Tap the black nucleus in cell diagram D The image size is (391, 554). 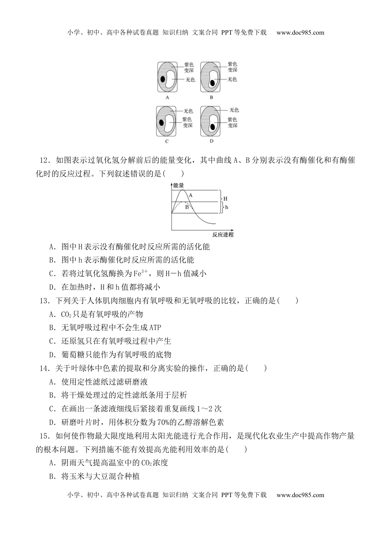click(x=212, y=127)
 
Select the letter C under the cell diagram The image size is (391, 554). click(x=167, y=141)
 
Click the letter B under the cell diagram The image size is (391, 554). click(x=212, y=98)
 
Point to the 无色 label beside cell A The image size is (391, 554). click(x=190, y=80)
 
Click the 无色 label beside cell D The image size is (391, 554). click(x=234, y=110)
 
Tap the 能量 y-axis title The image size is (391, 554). click(x=179, y=186)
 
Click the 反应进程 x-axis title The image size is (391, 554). click(x=223, y=235)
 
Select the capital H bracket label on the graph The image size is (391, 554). click(x=225, y=199)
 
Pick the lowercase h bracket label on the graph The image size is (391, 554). click(x=226, y=207)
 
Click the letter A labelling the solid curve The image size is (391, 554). click(x=191, y=195)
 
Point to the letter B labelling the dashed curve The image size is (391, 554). click(x=186, y=207)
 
